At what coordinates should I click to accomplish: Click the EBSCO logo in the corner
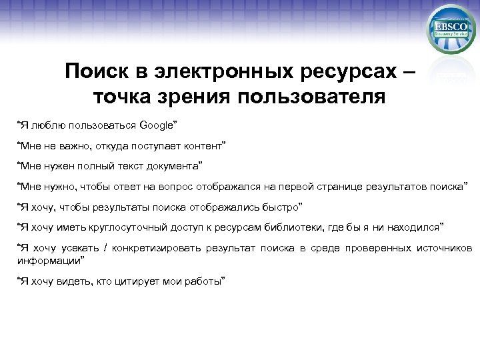coord(449,29)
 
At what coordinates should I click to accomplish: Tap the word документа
coord(175,165)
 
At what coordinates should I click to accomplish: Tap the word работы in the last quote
coord(207,281)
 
